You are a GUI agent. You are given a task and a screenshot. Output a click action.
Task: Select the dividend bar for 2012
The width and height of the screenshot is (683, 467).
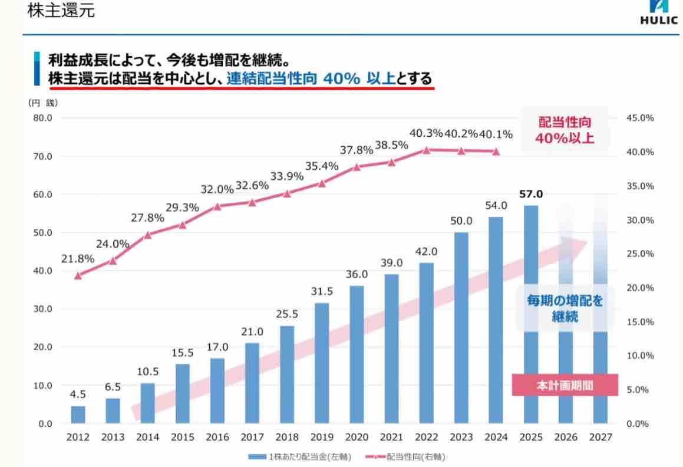point(78,415)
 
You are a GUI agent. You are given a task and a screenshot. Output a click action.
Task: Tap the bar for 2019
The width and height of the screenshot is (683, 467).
point(322,363)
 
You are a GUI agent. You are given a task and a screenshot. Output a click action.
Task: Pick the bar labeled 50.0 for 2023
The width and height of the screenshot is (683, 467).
point(461,328)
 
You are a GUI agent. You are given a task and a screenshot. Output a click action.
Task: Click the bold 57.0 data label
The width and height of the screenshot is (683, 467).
point(531,195)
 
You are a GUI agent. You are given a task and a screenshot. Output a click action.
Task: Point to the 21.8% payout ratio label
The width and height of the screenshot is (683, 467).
point(78,258)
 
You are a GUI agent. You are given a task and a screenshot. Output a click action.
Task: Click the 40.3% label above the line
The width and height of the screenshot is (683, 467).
point(426,133)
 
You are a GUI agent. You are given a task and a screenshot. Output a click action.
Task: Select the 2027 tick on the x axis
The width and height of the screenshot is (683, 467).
point(600,438)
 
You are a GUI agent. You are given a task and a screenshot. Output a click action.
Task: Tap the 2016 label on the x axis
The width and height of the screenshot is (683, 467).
point(217,438)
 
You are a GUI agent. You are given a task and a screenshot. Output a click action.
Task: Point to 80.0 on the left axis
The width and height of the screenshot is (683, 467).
point(41,118)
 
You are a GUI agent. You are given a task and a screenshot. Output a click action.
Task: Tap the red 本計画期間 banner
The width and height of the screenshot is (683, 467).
point(565,386)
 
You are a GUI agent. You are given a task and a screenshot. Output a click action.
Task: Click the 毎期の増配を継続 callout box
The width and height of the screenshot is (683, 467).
point(565,308)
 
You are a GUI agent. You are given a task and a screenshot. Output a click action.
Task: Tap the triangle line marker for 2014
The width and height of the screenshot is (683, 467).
point(147,234)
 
